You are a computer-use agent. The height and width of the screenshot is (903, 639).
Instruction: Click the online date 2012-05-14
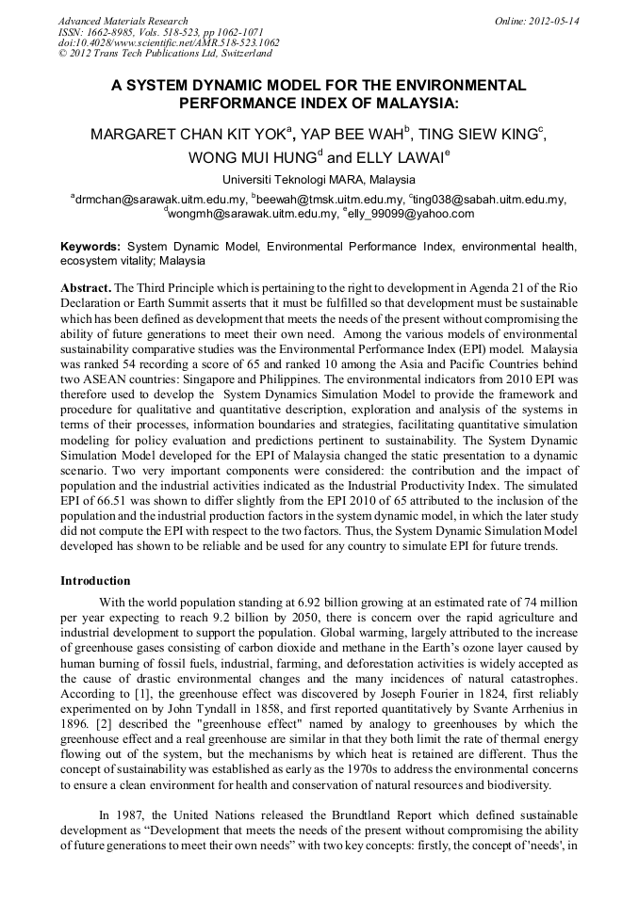(x=556, y=20)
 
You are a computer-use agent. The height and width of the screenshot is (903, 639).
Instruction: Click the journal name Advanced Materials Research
(x=123, y=20)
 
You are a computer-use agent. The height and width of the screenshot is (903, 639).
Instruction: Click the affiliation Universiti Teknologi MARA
(x=292, y=180)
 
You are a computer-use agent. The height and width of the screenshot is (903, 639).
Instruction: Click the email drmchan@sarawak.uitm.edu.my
(x=161, y=200)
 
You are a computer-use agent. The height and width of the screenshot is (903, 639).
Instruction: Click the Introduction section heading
(x=95, y=581)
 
